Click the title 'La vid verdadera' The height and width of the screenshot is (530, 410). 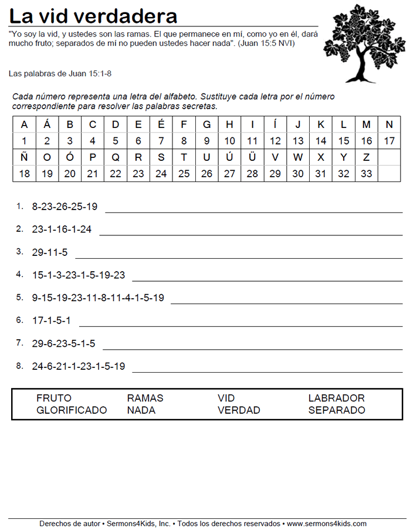tap(93, 15)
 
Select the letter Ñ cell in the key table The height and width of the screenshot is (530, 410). tap(24, 157)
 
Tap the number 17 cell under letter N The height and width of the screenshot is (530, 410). tap(389, 141)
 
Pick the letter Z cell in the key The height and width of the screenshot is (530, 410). tap(367, 157)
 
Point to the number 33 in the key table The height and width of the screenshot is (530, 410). tap(367, 174)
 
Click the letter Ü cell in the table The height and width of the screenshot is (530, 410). tap(252, 157)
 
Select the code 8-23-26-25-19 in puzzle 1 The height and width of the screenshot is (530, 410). tap(65, 207)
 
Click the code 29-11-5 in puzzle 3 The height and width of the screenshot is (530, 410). tap(50, 252)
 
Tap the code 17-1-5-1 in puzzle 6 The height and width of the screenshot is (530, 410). tap(52, 321)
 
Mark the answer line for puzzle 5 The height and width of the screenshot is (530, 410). tap(286, 303)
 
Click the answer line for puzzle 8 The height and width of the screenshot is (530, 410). tap(267, 371)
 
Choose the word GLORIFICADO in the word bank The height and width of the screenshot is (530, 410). tap(72, 410)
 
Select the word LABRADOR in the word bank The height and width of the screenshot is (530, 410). tap(336, 398)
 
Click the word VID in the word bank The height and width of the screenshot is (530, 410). tap(226, 398)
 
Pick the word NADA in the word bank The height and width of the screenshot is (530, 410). tap(141, 410)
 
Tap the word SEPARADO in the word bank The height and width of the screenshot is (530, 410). tap(336, 410)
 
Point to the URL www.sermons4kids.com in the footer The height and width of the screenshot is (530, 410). tap(327, 524)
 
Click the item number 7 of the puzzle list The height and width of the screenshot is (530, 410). tap(19, 343)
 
